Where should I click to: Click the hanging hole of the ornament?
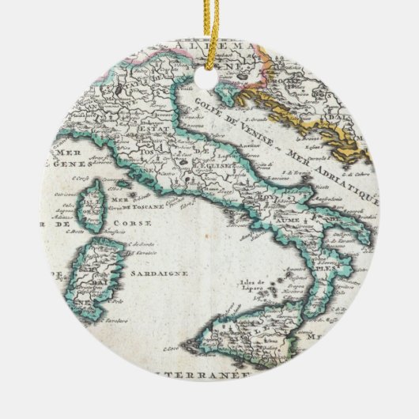click(x=209, y=80)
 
